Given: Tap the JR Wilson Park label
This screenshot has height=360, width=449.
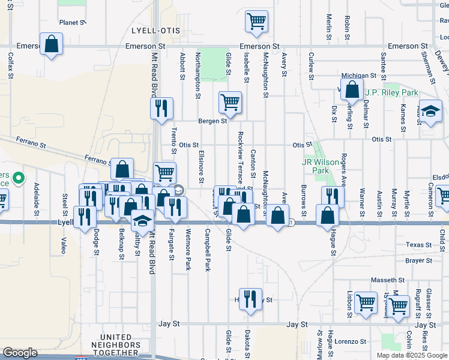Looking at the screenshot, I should [x=316, y=166].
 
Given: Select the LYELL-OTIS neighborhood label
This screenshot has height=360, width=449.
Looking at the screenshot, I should [x=154, y=30].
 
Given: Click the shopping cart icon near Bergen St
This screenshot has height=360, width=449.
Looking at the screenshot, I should [x=230, y=103].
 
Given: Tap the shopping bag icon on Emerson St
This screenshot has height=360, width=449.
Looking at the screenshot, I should [x=52, y=44].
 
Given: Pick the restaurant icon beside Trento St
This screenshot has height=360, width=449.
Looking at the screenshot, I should [x=161, y=109].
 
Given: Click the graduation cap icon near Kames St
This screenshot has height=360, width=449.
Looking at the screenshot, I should [x=430, y=112].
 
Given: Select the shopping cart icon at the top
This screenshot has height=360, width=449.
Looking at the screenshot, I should [x=256, y=22].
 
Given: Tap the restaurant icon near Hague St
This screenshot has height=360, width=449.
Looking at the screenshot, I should [x=332, y=196].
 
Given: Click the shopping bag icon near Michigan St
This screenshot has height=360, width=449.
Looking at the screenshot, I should [x=351, y=90].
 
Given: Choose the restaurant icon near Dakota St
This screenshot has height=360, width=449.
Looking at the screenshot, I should [x=250, y=299].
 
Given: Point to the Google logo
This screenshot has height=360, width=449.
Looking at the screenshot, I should [x=20, y=353].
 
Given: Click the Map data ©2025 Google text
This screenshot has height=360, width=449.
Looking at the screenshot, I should [x=411, y=355].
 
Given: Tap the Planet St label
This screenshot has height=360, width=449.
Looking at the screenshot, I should [x=73, y=23].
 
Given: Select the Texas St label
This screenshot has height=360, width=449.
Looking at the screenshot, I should [x=418, y=245].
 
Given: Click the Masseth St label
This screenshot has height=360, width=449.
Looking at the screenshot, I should [x=387, y=280].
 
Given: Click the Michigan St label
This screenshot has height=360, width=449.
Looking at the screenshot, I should [x=358, y=76].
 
